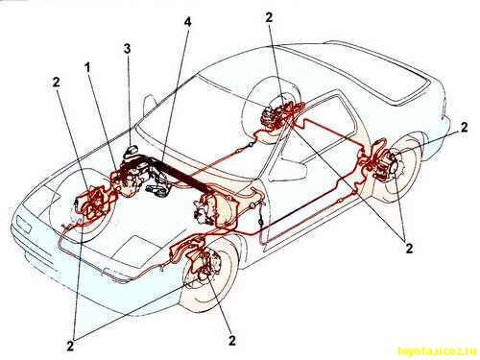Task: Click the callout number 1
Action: point(87,67)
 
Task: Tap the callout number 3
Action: point(128,49)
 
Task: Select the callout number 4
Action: point(188,22)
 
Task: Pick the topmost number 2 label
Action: point(269,17)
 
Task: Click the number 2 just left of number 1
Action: point(57,83)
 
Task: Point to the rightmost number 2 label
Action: point(464,127)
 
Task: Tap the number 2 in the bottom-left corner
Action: point(71,347)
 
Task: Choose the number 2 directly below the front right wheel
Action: point(232,341)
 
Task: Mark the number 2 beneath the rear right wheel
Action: point(409,248)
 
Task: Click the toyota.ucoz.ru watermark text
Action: point(438,351)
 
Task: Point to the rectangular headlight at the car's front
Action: point(24,225)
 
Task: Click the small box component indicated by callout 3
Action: point(132,150)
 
